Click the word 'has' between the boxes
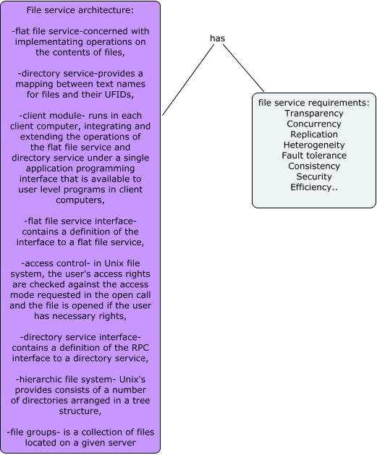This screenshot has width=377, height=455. tap(217, 38)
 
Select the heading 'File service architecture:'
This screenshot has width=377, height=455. tap(80, 10)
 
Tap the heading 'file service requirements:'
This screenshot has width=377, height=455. tap(314, 103)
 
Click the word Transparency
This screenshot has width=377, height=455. tap(314, 113)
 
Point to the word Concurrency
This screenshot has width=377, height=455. tap(314, 124)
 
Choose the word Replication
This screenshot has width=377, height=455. tap(314, 135)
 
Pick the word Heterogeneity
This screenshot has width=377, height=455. tap(314, 145)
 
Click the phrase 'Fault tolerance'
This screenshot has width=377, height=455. tap(314, 156)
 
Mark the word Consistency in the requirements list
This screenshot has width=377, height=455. tap(314, 166)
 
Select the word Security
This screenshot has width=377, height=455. tap(314, 177)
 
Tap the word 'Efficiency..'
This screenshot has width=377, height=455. tap(314, 187)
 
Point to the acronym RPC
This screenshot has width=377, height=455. tap(140, 348)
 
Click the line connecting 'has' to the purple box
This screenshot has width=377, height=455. tap(188, 80)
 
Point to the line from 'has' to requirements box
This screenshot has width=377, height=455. tap(244, 68)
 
